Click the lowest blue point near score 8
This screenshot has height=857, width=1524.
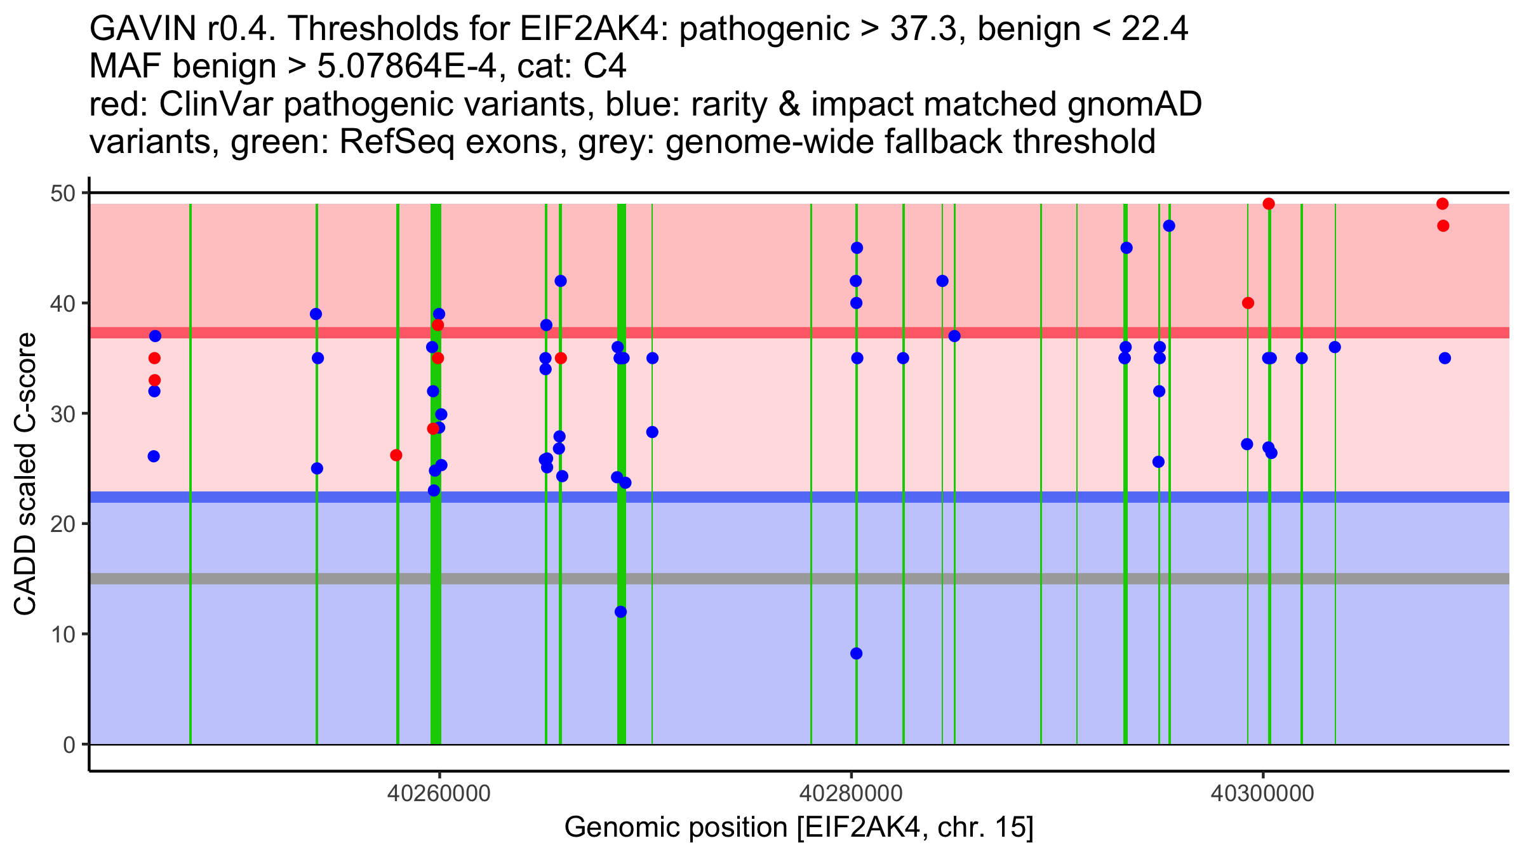pos(856,653)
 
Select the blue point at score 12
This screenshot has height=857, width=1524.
pos(620,612)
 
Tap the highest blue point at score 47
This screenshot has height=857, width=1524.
pos(1169,226)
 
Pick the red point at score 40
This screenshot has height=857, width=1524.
pos(1248,303)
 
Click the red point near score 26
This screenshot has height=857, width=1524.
pos(396,455)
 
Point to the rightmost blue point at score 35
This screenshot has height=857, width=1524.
pos(1445,358)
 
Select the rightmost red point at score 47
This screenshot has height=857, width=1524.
pos(1443,226)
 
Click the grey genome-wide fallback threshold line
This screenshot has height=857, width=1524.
pos(762,578)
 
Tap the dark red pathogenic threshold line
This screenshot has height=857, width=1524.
pos(762,333)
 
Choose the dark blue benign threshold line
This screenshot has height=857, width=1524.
pos(762,496)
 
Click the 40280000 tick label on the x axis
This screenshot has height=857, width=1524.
pos(851,794)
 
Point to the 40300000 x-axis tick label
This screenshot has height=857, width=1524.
pos(1262,794)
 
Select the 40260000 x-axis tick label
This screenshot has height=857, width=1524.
pos(439,794)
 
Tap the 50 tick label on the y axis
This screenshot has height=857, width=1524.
pos(62,193)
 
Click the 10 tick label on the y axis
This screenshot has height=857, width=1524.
pos(62,634)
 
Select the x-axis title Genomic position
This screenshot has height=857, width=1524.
pos(799,828)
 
